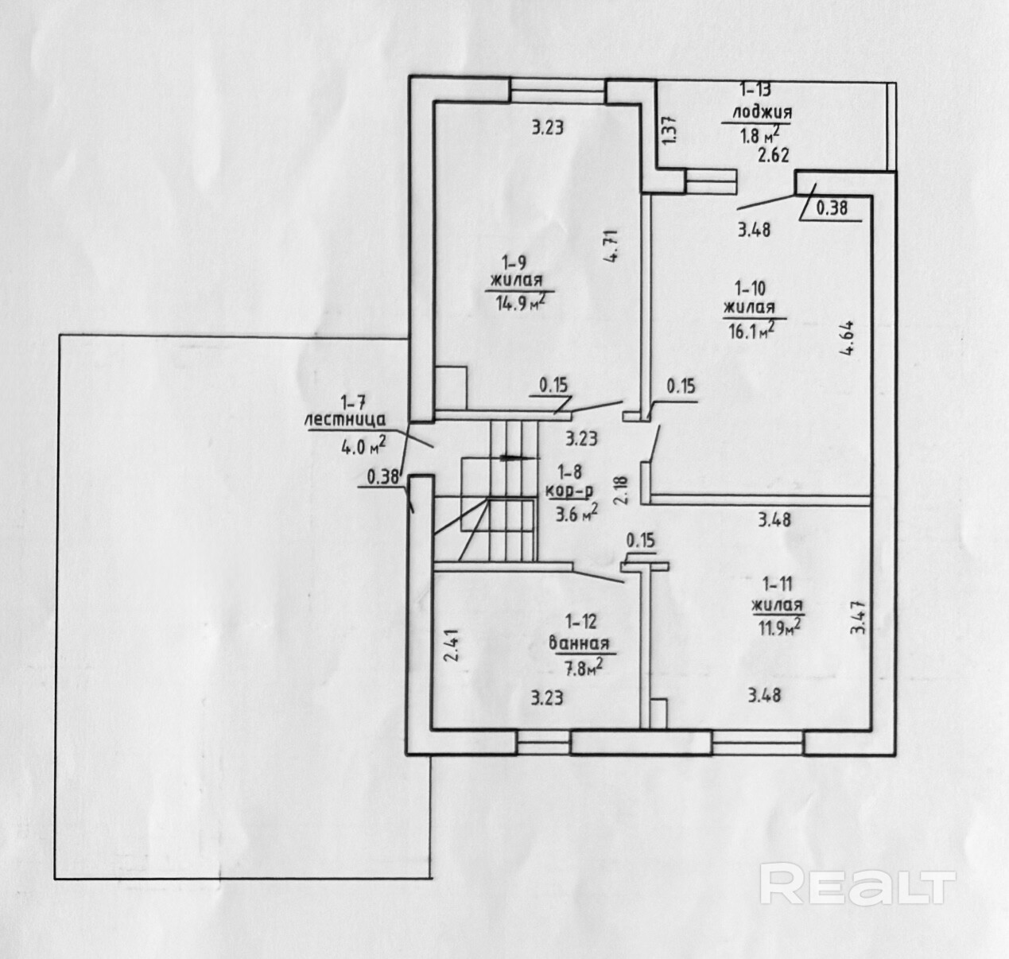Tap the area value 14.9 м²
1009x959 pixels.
(x=521, y=302)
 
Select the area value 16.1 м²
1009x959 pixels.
(x=748, y=328)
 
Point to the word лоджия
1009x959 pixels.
(x=761, y=113)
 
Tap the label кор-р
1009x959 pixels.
(x=569, y=491)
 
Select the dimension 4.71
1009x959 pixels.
(x=610, y=247)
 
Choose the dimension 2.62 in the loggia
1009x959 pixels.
(x=773, y=155)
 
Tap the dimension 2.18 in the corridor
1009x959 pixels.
(x=621, y=488)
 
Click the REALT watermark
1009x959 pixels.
(x=856, y=885)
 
